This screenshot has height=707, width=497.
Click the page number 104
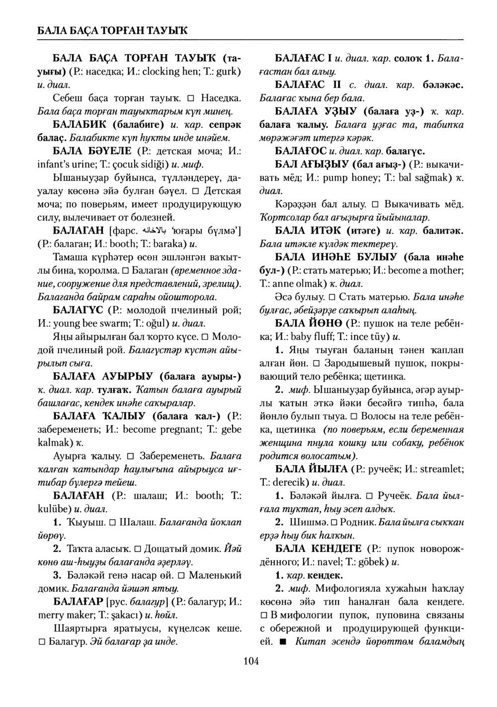(251, 661)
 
